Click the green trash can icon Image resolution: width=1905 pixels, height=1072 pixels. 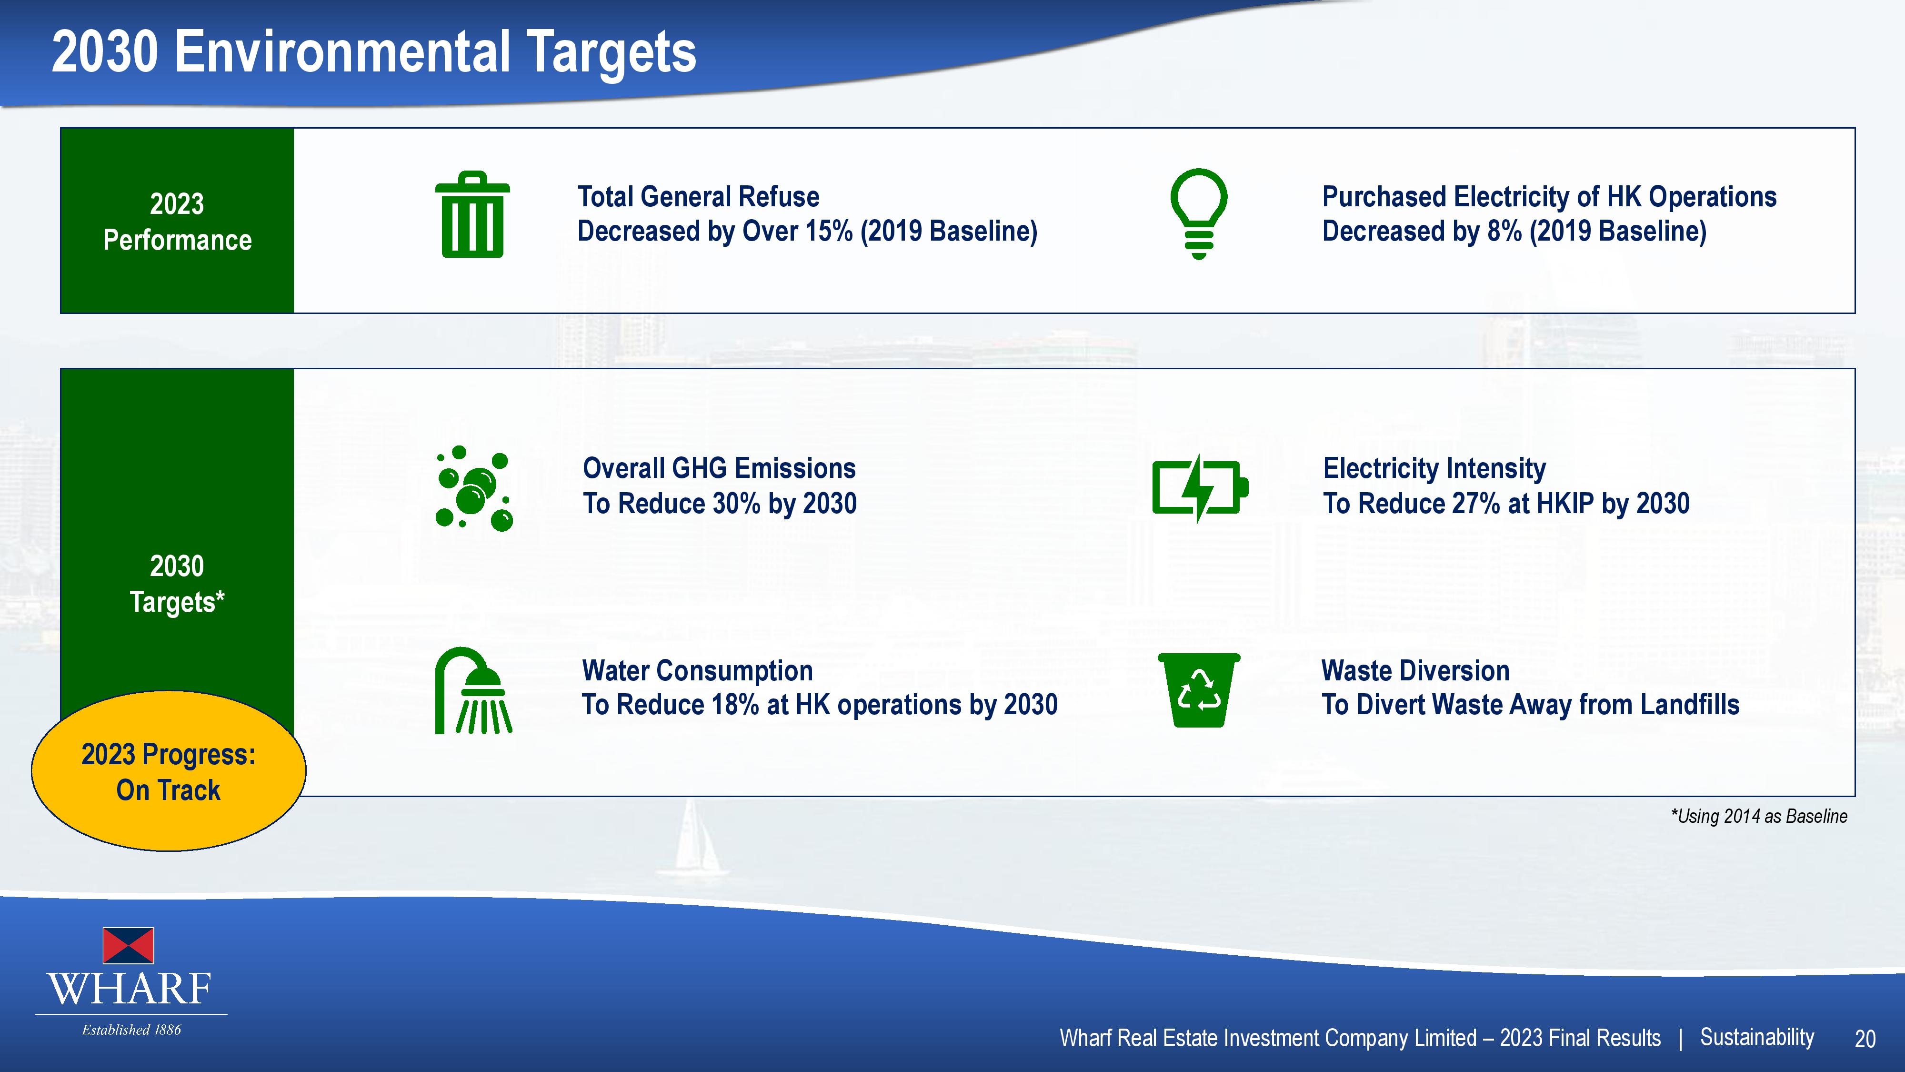[x=472, y=214]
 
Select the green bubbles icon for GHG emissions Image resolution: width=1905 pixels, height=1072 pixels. [x=474, y=488]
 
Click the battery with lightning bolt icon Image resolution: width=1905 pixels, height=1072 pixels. [x=1200, y=488]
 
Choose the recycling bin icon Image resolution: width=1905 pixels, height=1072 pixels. [x=1199, y=689]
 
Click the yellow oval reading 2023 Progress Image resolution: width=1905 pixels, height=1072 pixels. [x=169, y=771]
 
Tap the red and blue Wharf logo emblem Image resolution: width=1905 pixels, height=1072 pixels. [x=128, y=945]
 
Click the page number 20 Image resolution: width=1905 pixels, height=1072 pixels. [x=1865, y=1040]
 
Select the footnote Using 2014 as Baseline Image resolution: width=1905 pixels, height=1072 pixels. [x=1759, y=816]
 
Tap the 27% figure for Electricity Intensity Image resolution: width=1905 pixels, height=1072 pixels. [x=1476, y=503]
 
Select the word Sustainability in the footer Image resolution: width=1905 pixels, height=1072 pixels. [x=1757, y=1037]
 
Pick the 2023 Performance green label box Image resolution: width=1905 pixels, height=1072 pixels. [x=177, y=221]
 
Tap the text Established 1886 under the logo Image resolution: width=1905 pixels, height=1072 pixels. [x=131, y=1030]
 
